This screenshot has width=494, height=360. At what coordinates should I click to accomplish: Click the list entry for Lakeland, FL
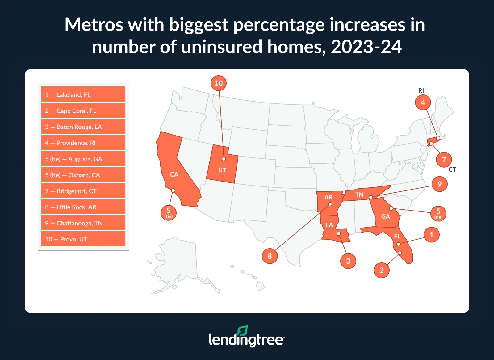pyautogui.click(x=83, y=94)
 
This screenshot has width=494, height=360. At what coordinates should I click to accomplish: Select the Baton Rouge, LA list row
pyautogui.click(x=83, y=127)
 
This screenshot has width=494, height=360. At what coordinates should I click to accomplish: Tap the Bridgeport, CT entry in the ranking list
pyautogui.click(x=83, y=191)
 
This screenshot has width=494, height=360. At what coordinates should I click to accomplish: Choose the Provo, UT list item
pyautogui.click(x=83, y=239)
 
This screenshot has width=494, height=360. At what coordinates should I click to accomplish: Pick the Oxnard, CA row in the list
pyautogui.click(x=83, y=175)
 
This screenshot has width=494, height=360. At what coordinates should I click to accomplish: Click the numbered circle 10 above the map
pyautogui.click(x=219, y=83)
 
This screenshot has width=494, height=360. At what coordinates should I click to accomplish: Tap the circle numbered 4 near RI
pyautogui.click(x=423, y=102)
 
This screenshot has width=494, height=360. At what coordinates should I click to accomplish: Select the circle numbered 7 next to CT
pyautogui.click(x=444, y=160)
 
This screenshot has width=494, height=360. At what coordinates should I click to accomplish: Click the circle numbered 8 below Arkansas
pyautogui.click(x=270, y=256)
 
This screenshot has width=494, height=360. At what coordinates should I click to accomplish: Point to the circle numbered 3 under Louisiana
pyautogui.click(x=348, y=261)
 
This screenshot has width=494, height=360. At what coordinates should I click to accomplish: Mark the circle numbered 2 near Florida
pyautogui.click(x=382, y=270)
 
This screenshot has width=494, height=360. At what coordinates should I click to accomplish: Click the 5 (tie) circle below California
pyautogui.click(x=169, y=212)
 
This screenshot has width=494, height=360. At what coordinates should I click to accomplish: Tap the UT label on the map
pyautogui.click(x=222, y=170)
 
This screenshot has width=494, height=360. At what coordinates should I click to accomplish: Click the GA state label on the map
pyautogui.click(x=386, y=216)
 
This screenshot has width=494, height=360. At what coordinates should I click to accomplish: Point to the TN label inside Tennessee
pyautogui.click(x=359, y=195)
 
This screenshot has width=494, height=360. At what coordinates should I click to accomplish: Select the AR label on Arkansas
pyautogui.click(x=329, y=197)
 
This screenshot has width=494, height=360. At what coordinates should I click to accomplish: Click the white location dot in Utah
pyautogui.click(x=224, y=159)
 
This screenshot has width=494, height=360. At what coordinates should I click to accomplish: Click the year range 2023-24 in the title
pyautogui.click(x=366, y=47)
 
